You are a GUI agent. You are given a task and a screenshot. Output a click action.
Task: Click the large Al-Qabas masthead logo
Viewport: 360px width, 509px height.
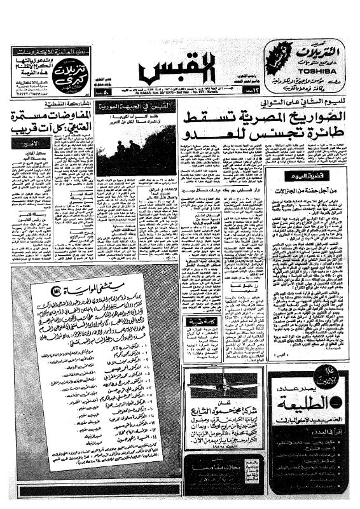point(180,69)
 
